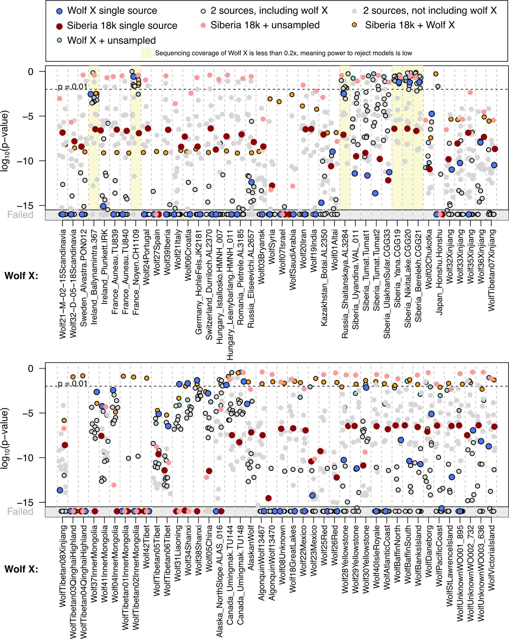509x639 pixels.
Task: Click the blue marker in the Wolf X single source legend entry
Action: click(x=59, y=11)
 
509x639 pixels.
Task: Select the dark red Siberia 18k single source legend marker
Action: click(x=59, y=26)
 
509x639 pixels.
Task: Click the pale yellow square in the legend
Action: click(x=146, y=53)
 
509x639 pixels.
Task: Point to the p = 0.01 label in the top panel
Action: click(x=73, y=87)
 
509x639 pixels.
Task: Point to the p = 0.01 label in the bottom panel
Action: click(x=73, y=384)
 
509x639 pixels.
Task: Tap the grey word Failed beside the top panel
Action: click(x=20, y=215)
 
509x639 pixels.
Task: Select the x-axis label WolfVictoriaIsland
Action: click(x=491, y=558)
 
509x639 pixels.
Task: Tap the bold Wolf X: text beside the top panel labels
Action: click(x=21, y=276)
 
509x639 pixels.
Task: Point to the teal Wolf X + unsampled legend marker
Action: click(x=59, y=40)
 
